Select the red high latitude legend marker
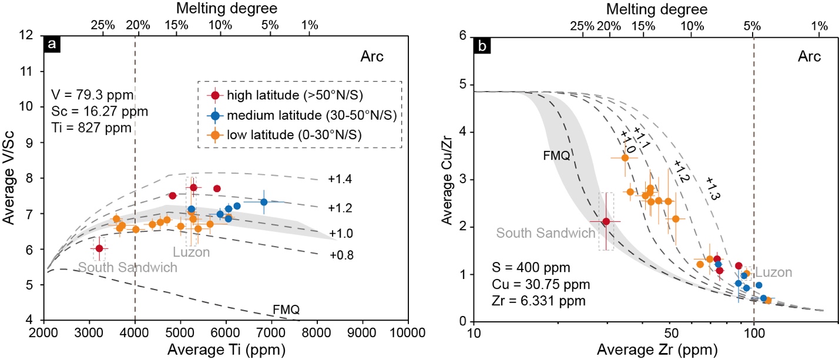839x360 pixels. pyautogui.click(x=216, y=96)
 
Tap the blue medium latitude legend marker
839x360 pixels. pyautogui.click(x=216, y=115)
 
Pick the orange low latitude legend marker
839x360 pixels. pyautogui.click(x=216, y=134)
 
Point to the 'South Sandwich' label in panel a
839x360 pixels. pyautogui.click(x=127, y=267)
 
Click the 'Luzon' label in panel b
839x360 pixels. pyautogui.click(x=773, y=272)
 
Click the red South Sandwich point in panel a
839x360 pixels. pyautogui.click(x=99, y=248)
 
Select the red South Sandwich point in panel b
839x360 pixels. pyautogui.click(x=606, y=221)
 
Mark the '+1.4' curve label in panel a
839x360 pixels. pyautogui.click(x=340, y=179)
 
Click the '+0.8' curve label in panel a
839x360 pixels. pyautogui.click(x=340, y=255)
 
